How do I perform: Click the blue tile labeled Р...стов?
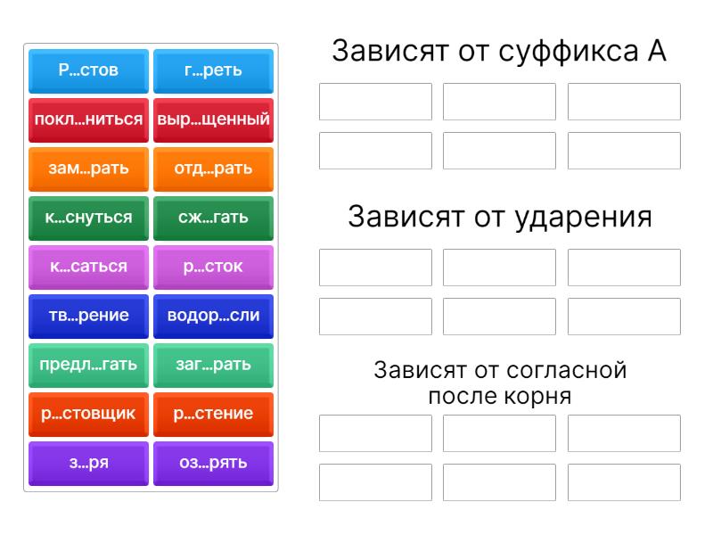coord(88,71)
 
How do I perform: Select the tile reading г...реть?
coord(213,71)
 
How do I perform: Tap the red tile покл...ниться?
coord(88,120)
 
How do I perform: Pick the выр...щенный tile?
coord(213,120)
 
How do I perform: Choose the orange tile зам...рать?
coord(88,169)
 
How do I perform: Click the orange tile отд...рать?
coord(213,169)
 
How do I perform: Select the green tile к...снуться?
coord(88,218)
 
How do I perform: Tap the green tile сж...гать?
coord(213,218)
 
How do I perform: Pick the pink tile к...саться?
coord(88,267)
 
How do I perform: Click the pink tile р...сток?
coord(213,267)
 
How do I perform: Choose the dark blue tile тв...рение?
coord(88,317)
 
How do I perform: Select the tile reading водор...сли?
coord(213,317)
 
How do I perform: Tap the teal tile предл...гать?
coord(88,366)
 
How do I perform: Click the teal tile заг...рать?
coord(213,366)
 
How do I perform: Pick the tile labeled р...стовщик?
coord(88,415)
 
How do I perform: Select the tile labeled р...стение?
coord(213,415)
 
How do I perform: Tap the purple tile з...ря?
coord(88,464)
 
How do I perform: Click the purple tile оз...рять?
coord(213,464)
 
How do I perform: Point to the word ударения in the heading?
coord(584,218)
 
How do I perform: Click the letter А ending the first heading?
coord(657,51)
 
